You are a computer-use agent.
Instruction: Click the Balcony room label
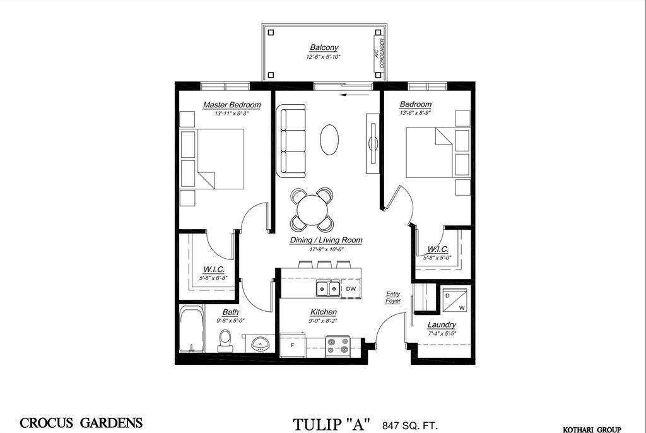[x=324, y=47]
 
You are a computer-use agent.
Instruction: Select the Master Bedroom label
[x=232, y=105]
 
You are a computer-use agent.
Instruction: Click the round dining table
[x=312, y=209]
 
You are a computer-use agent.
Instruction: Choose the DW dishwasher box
[x=351, y=288]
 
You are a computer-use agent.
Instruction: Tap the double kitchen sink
[x=327, y=288]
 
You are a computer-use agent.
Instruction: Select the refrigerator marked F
[x=292, y=345]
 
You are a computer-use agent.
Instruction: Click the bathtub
[x=191, y=329]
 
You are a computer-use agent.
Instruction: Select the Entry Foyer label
[x=393, y=297]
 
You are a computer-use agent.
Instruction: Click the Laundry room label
[x=442, y=325]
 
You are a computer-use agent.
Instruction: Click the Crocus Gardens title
[x=81, y=423]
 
